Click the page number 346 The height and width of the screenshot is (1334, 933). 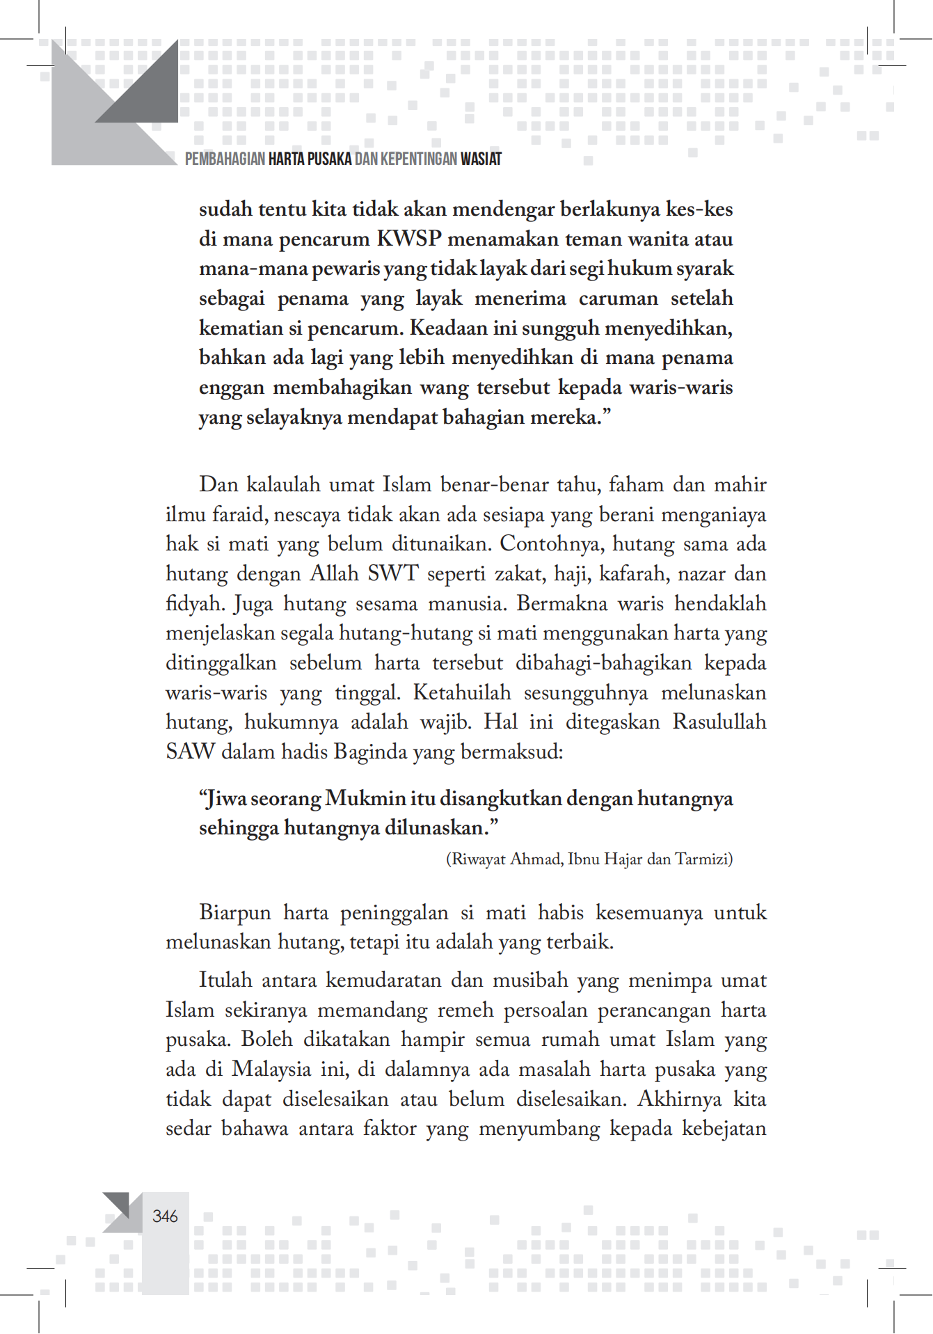pos(165,1216)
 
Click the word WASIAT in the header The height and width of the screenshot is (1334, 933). pos(480,159)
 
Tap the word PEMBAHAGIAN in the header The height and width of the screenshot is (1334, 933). pos(225,159)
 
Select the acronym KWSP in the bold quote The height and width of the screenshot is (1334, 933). pos(409,239)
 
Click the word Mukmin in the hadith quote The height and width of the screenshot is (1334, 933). pos(366,798)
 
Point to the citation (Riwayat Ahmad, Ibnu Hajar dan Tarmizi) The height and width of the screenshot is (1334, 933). pos(589,859)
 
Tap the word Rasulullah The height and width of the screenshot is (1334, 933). pos(719,722)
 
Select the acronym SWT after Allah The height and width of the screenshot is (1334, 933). pos(392,574)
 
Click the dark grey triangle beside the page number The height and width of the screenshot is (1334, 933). pos(119,1203)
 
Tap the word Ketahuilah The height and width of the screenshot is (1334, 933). pos(461,693)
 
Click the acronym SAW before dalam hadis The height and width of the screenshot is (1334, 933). pos(189,752)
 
